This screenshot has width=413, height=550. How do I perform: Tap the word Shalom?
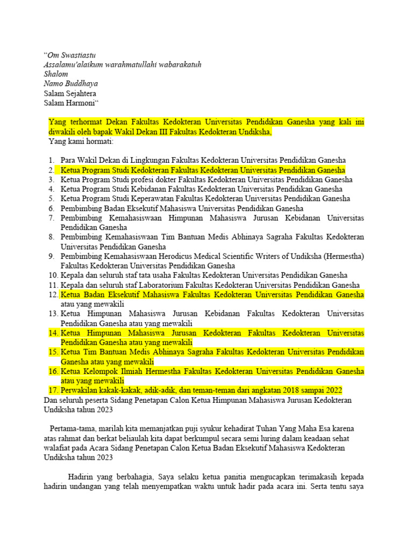click(56, 74)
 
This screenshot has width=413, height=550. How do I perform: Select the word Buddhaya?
click(81, 84)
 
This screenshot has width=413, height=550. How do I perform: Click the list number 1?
click(50, 160)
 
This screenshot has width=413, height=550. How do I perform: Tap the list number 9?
click(51, 257)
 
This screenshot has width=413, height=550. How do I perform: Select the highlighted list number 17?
click(52, 390)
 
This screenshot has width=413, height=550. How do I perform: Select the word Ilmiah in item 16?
click(133, 371)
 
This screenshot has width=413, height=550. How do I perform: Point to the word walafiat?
click(59, 448)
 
